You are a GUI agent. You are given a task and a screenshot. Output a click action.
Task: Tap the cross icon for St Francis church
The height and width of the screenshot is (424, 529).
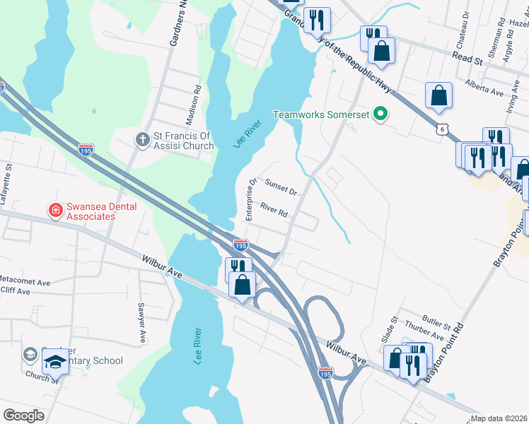[x=142, y=139]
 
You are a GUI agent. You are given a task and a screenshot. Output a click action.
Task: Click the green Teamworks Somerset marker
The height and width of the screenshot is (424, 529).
[x=381, y=114]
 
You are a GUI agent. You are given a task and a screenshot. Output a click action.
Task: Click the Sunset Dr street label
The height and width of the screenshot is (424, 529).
[x=280, y=187]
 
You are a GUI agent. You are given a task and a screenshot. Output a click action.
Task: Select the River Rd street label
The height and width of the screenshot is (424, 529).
[x=274, y=210]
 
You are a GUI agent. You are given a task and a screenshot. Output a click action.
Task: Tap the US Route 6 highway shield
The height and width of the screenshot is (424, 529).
[x=442, y=129]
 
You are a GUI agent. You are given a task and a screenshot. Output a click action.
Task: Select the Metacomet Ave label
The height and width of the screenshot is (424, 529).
[x=25, y=282]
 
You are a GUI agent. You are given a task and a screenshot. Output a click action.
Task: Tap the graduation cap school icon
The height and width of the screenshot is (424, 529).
[x=54, y=362]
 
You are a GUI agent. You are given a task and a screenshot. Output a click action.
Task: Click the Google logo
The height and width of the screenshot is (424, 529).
[x=23, y=415]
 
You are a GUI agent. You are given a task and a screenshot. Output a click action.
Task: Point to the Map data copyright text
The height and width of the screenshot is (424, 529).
[x=499, y=418]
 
